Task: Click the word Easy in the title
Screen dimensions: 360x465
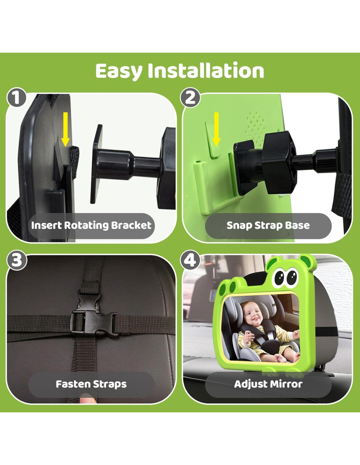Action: click(119, 71)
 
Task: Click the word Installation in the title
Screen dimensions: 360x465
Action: click(206, 70)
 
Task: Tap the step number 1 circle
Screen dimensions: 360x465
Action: click(16, 98)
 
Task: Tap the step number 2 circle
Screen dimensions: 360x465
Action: click(190, 98)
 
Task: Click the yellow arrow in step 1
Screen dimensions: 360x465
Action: click(65, 129)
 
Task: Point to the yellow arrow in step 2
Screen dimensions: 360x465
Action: click(217, 129)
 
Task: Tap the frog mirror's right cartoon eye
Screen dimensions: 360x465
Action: click(292, 276)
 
